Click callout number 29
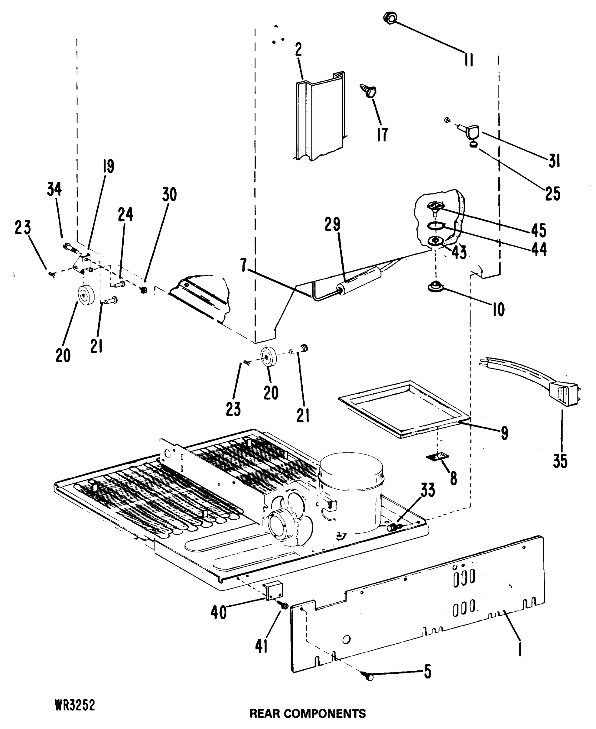pyautogui.click(x=332, y=224)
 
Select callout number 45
pyautogui.click(x=538, y=230)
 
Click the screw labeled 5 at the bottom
pyautogui.click(x=369, y=676)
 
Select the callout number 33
pyautogui.click(x=428, y=490)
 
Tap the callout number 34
pyautogui.click(x=54, y=189)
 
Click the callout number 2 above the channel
pyautogui.click(x=298, y=50)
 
